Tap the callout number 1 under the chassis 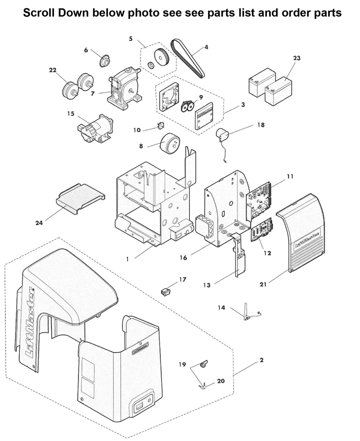tap(127, 259)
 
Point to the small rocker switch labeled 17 tap(166, 291)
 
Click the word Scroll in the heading tap(37, 13)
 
